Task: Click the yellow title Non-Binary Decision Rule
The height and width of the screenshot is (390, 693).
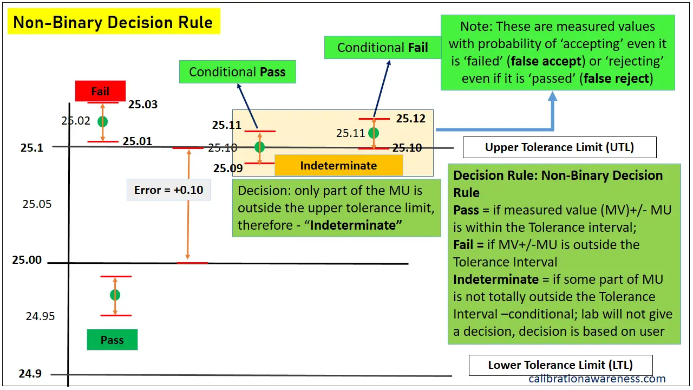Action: pyautogui.click(x=114, y=23)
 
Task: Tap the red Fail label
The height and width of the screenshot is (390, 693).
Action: pyautogui.click(x=100, y=91)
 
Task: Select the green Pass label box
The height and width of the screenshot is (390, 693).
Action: pyautogui.click(x=112, y=340)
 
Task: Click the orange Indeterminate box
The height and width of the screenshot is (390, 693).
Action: pyautogui.click(x=338, y=165)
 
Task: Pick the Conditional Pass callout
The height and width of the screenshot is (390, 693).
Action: pyautogui.click(x=237, y=72)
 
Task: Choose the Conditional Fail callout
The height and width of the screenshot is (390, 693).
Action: pyautogui.click(x=382, y=48)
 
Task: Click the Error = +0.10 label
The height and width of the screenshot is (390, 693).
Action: pyautogui.click(x=168, y=190)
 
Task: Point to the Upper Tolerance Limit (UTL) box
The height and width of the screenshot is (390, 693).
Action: pyautogui.click(x=559, y=147)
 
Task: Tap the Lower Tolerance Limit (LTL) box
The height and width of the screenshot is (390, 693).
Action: pyautogui.click(x=560, y=365)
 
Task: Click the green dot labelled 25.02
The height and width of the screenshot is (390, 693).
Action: pyautogui.click(x=102, y=121)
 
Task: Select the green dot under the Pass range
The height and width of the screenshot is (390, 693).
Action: pyautogui.click(x=115, y=295)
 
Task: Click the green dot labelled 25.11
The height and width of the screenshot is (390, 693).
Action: pyautogui.click(x=373, y=133)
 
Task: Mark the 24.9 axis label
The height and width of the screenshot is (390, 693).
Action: pyautogui.click(x=30, y=374)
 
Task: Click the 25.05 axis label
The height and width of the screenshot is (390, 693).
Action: pyautogui.click(x=37, y=204)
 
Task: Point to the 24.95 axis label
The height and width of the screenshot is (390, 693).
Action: pyautogui.click(x=40, y=316)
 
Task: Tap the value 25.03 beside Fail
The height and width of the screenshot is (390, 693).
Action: pyautogui.click(x=143, y=105)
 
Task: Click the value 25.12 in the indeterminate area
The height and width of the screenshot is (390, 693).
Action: pyautogui.click(x=410, y=119)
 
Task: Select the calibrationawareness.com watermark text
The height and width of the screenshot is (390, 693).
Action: pyautogui.click(x=597, y=379)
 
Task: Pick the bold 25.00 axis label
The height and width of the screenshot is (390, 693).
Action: pyautogui.click(x=27, y=260)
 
